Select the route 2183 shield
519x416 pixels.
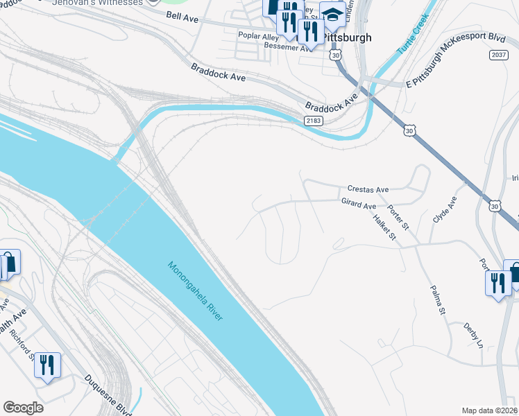[x=313, y=121]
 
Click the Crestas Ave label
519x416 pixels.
[x=368, y=189]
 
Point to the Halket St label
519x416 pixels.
[x=383, y=227]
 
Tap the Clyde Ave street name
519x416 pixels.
[x=444, y=209]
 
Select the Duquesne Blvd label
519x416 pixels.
[x=108, y=392]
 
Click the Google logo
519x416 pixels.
[x=22, y=408]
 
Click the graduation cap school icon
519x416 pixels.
[x=333, y=13]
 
